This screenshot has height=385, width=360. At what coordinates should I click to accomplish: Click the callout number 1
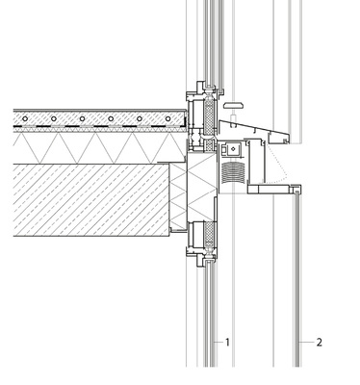227,342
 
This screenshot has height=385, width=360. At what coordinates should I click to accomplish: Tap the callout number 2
320,342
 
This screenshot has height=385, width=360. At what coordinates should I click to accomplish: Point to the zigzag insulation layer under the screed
96,145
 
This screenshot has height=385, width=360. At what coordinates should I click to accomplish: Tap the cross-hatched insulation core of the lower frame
205,241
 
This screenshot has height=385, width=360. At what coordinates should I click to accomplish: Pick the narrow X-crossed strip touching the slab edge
176,197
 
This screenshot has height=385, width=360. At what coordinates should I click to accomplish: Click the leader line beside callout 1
217,342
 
